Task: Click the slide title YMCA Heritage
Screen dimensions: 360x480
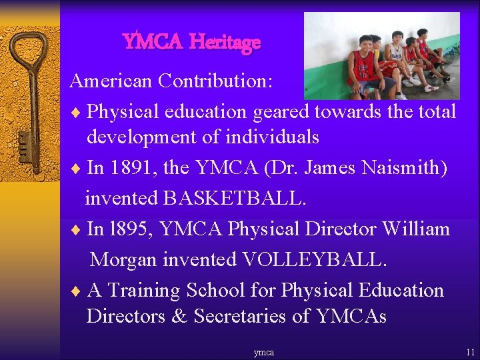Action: pos(192,42)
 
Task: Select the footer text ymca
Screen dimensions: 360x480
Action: pos(263,352)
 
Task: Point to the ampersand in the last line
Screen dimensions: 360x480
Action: pos(179,316)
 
